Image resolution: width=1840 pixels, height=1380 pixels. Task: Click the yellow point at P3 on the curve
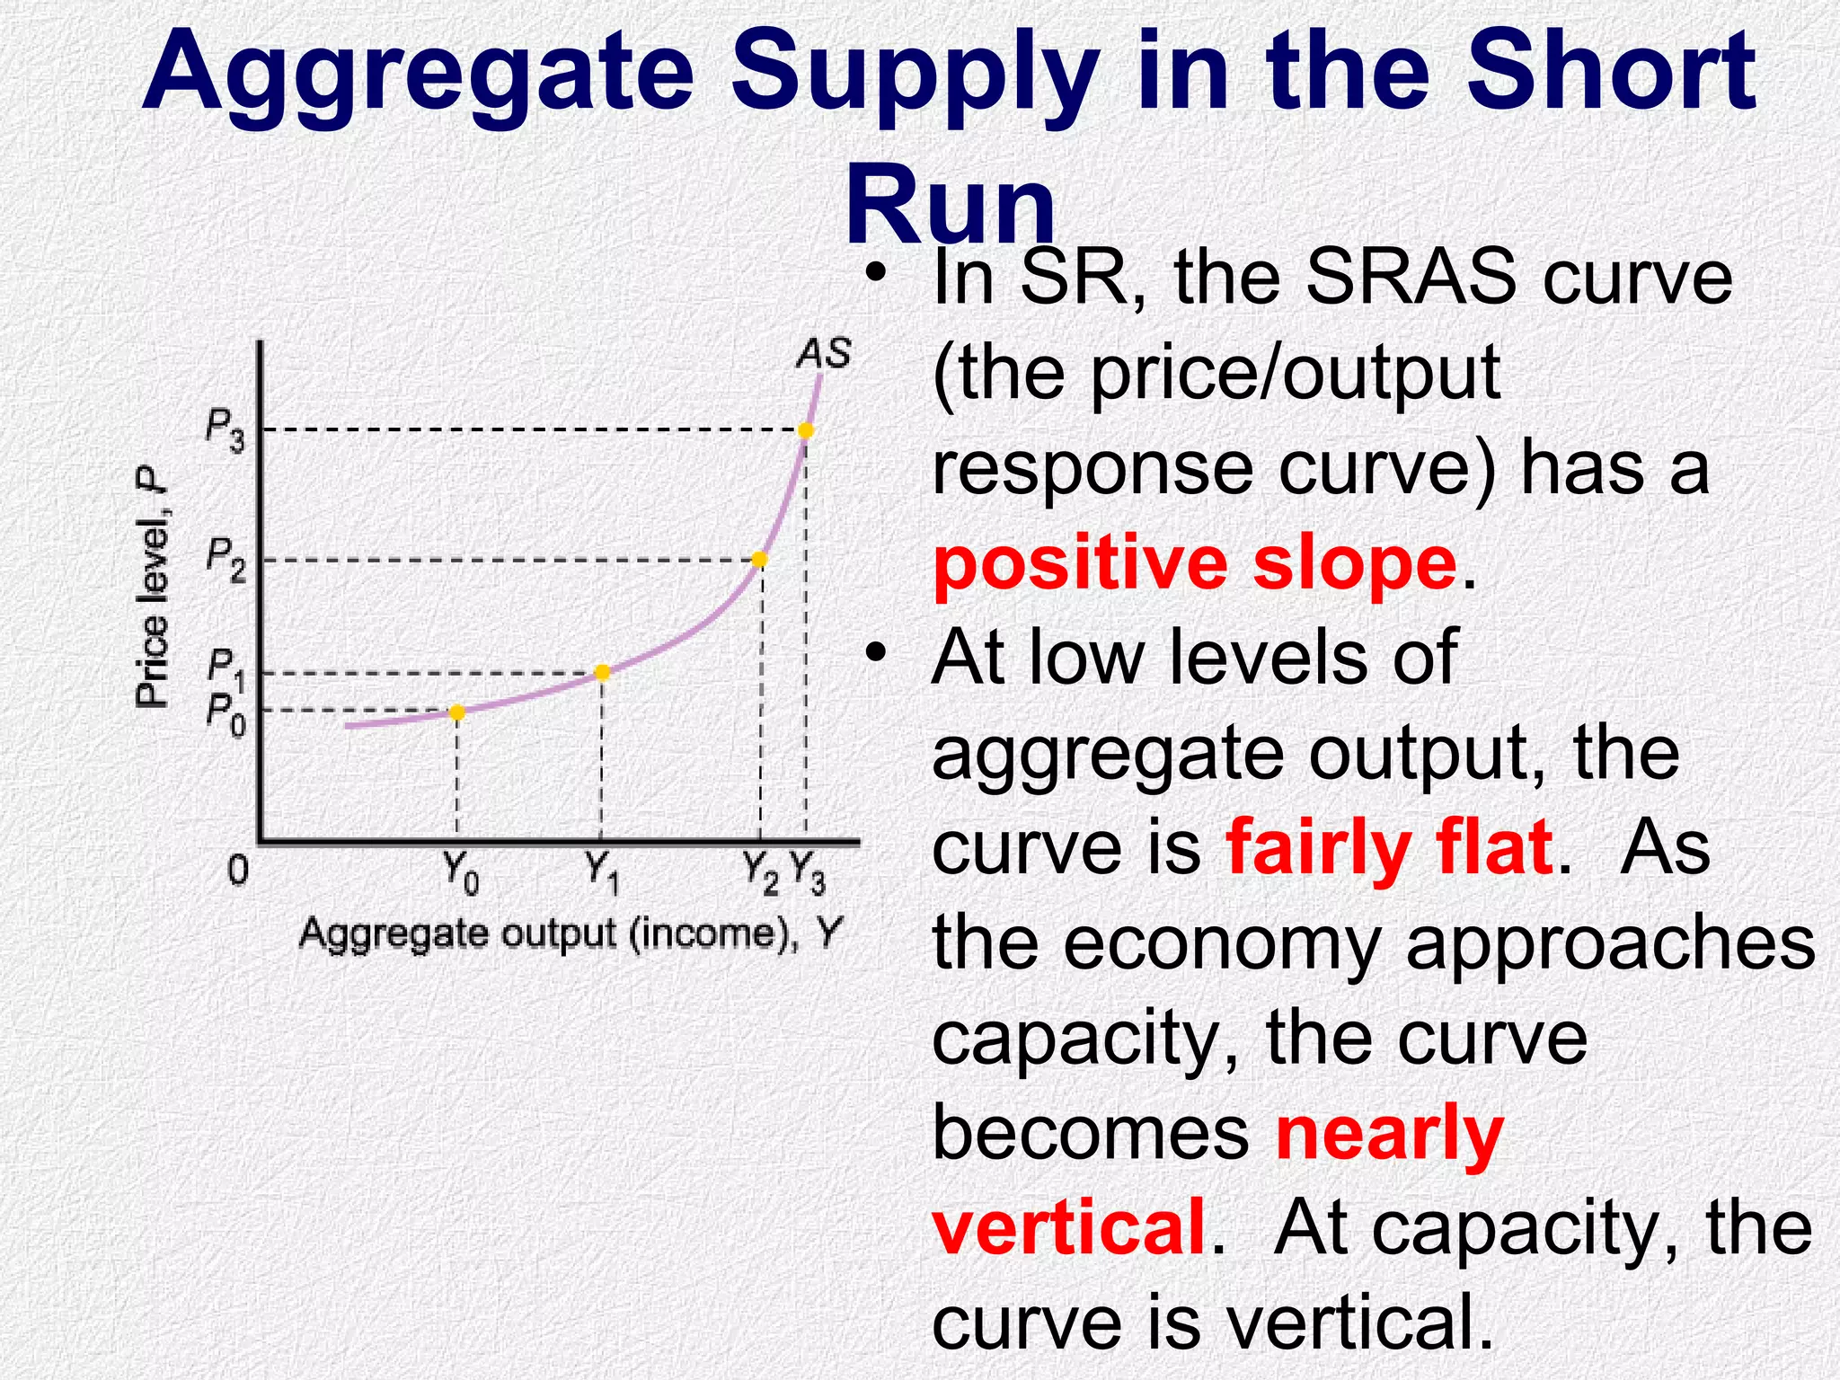[806, 431]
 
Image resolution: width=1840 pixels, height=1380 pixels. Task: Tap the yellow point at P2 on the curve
[759, 560]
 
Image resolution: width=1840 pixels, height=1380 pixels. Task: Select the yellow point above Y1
[602, 672]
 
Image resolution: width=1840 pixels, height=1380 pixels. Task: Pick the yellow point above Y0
[456, 712]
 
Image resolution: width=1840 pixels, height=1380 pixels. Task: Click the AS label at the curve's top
[823, 353]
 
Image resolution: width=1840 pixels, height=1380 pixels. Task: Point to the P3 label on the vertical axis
[225, 429]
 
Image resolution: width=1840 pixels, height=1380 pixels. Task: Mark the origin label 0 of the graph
[237, 870]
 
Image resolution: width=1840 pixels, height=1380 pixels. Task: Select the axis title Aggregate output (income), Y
[571, 934]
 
